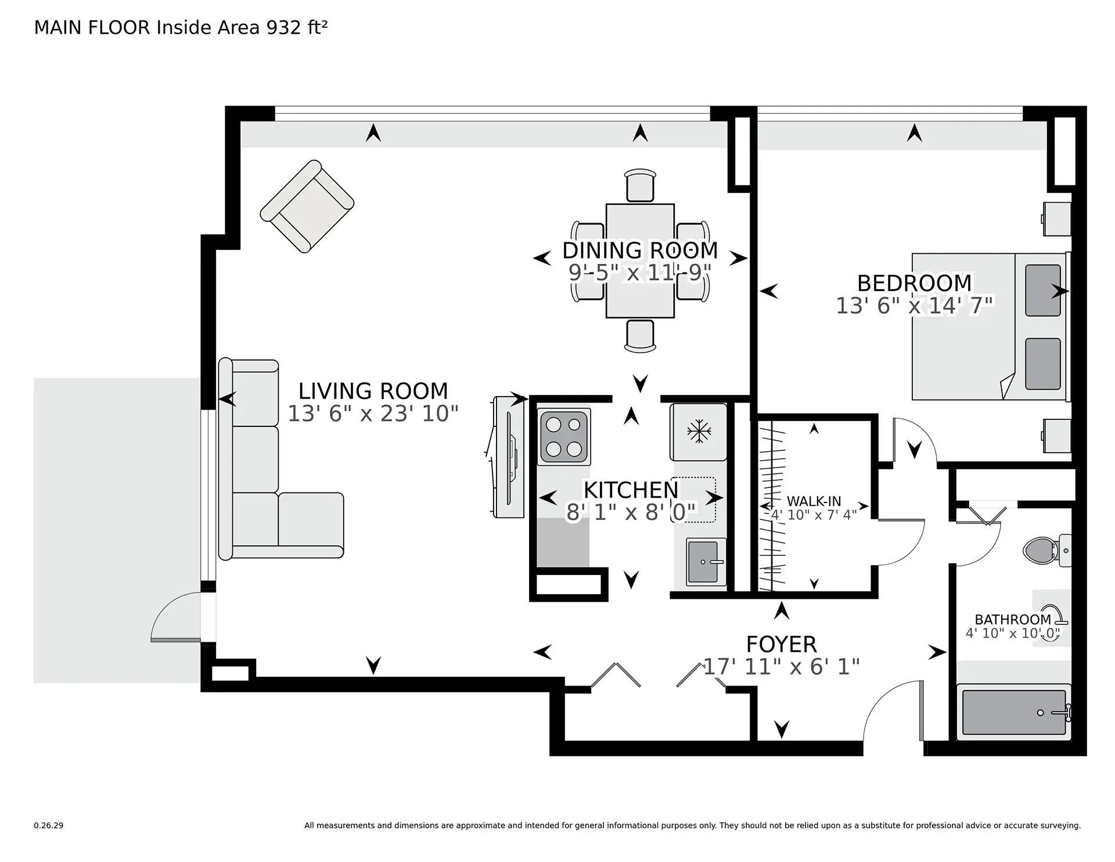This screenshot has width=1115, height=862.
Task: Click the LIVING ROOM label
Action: click(x=373, y=391)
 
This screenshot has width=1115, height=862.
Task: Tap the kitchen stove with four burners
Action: click(x=563, y=437)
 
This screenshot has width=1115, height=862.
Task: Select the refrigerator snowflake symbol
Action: click(x=699, y=432)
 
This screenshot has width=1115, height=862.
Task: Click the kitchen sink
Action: click(x=706, y=562)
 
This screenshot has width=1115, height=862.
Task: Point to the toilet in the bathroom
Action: click(x=1042, y=549)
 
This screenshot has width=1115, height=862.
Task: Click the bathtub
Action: click(x=1013, y=712)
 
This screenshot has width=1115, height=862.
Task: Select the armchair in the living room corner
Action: click(x=307, y=207)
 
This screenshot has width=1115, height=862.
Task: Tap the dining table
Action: click(x=640, y=261)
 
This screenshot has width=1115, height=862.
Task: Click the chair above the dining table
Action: click(x=640, y=185)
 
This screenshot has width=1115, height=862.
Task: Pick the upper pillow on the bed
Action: click(x=1042, y=290)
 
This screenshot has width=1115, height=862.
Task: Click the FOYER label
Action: click(x=781, y=644)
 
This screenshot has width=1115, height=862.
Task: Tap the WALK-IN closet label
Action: click(x=814, y=501)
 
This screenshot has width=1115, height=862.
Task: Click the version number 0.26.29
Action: click(x=48, y=825)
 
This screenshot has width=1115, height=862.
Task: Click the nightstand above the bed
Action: click(x=1057, y=219)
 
